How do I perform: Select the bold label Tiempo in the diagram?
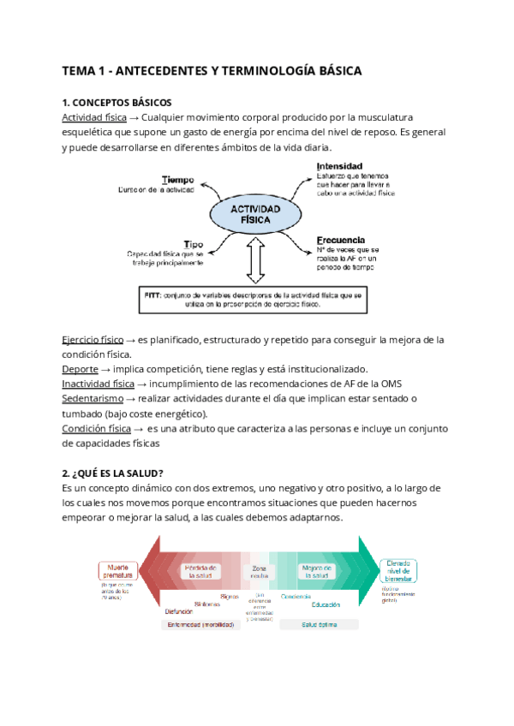pos(178,180)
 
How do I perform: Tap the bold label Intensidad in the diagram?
pos(339,165)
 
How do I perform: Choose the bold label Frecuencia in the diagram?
pos(341,241)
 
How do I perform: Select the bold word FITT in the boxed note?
pos(152,295)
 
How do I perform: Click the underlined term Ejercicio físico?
pos(93,339)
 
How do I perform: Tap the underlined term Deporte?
pos(81,369)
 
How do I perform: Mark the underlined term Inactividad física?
pos(98,384)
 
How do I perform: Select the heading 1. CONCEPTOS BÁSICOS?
pos(117,102)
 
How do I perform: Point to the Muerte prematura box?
pos(117,571)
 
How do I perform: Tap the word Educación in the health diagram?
pos(326,604)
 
